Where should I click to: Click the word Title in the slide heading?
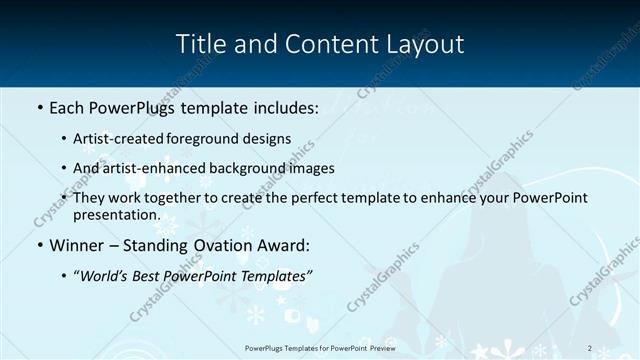coord(200,45)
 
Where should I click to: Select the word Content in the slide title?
coord(325,45)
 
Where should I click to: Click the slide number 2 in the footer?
coord(590,347)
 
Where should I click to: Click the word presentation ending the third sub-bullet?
coord(115,214)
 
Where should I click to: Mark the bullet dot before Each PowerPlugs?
coord(40,106)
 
